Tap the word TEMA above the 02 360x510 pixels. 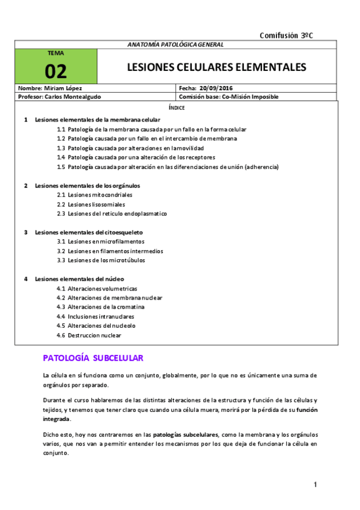(55, 53)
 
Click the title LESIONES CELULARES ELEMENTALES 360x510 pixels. (216, 66)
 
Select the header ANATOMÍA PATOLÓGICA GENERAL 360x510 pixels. (176, 45)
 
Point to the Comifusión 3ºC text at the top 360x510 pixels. (285, 35)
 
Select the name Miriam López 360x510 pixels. (67, 88)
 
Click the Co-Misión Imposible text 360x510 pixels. (250, 96)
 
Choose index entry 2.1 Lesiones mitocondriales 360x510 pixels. (94, 195)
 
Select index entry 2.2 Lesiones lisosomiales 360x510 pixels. (93, 204)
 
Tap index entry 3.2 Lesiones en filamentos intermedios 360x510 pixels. (109, 251)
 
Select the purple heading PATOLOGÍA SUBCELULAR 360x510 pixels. (93, 358)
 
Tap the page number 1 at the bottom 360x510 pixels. (315, 485)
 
